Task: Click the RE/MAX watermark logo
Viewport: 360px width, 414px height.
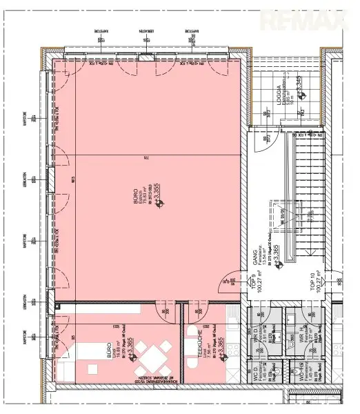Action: pos(318,20)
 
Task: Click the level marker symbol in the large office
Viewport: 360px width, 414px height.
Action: pos(159,203)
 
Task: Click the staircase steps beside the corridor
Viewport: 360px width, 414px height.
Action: pos(307,200)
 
